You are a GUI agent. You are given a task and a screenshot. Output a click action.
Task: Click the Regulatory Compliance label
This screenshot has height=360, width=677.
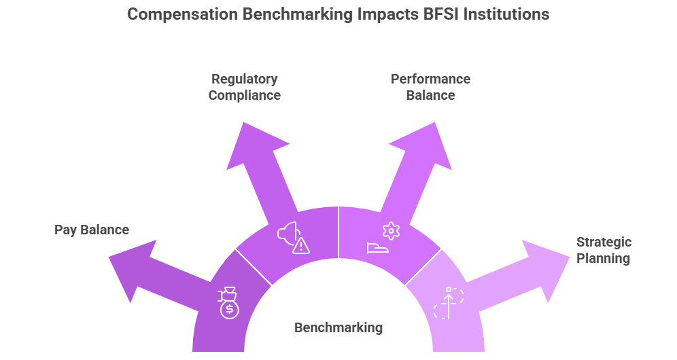245,87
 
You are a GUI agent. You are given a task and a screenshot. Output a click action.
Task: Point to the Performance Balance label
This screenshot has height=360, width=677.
430,87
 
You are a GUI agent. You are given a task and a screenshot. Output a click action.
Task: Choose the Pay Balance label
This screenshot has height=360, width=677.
92,230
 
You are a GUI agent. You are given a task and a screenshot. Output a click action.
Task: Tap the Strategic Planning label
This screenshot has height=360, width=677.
604,250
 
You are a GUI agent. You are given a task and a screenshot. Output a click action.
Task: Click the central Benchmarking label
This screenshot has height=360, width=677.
338,327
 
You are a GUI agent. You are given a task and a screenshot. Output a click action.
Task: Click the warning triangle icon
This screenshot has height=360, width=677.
300,245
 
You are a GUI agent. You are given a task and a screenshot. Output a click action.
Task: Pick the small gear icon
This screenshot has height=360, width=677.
390,231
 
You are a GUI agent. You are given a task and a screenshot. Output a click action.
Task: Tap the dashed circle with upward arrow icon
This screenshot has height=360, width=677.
449,303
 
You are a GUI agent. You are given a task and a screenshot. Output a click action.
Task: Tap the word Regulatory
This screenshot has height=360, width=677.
245,79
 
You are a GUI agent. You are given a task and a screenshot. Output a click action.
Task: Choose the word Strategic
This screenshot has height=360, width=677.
604,242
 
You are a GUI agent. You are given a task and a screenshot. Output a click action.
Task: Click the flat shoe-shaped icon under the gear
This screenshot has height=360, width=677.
378,248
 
